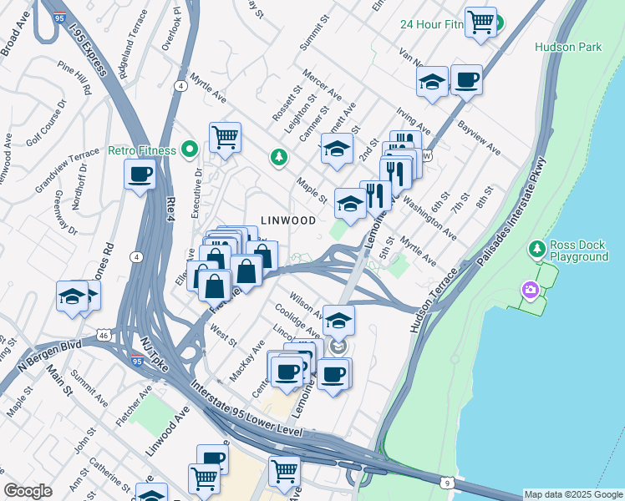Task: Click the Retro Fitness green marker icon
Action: click(x=190, y=150)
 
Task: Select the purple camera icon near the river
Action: click(x=530, y=291)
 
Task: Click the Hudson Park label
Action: click(x=568, y=48)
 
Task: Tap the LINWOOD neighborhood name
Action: click(x=287, y=220)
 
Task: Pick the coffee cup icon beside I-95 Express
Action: click(x=140, y=174)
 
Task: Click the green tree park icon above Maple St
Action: click(x=278, y=157)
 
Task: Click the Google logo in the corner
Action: click(x=28, y=491)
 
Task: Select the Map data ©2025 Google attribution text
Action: click(x=573, y=494)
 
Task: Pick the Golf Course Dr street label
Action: click(x=46, y=126)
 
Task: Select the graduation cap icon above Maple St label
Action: click(x=337, y=149)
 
